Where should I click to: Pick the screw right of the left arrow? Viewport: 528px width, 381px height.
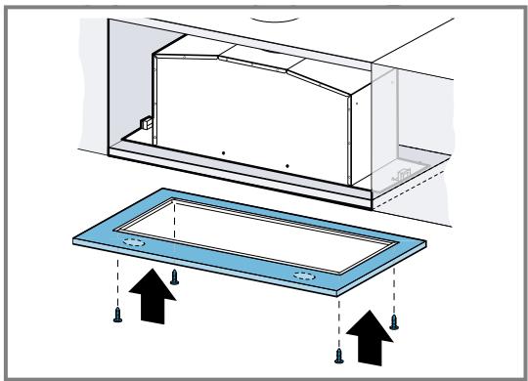click(174, 276)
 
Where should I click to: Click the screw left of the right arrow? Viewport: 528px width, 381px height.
click(338, 354)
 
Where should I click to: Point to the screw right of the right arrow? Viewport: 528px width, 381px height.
click(393, 319)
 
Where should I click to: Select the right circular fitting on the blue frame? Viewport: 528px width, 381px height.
click(304, 277)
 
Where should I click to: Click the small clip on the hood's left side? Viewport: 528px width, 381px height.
click(143, 125)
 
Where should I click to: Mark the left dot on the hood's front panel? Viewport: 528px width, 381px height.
click(223, 153)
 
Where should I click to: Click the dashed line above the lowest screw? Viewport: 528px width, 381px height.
click(338, 322)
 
